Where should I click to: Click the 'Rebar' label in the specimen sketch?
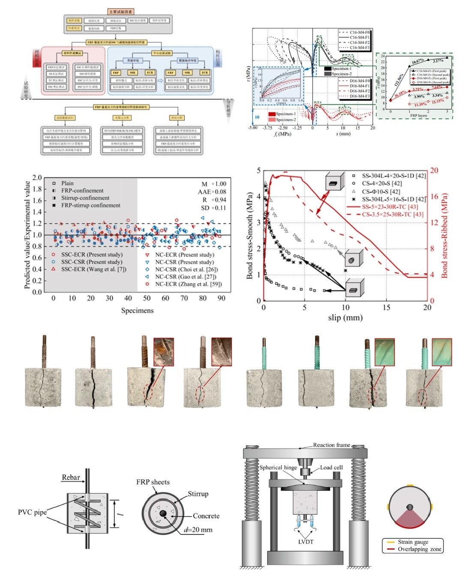coord(71,477)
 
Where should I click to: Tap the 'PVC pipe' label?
coord(32,512)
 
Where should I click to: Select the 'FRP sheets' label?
coord(153,482)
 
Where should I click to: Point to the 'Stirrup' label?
coord(198,494)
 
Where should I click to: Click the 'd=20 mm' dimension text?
coord(198,530)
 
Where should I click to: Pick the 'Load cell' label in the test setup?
coord(331,467)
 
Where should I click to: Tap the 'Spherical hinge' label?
coord(278,467)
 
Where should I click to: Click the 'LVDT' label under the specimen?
coord(306,542)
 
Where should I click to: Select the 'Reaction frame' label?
coord(331,445)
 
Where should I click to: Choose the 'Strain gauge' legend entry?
coord(413,542)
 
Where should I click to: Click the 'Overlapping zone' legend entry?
coord(419,549)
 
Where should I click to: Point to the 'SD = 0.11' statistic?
coord(214,208)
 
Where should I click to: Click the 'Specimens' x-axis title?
coord(137,311)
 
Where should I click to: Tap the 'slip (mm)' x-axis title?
coord(345,318)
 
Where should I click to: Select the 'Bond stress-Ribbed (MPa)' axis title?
coord(444,235)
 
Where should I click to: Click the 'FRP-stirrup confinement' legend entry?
coord(90,205)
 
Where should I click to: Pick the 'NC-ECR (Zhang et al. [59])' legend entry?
coord(188,284)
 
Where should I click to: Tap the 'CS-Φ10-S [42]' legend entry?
coord(381,192)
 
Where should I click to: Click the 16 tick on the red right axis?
coord(434,196)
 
